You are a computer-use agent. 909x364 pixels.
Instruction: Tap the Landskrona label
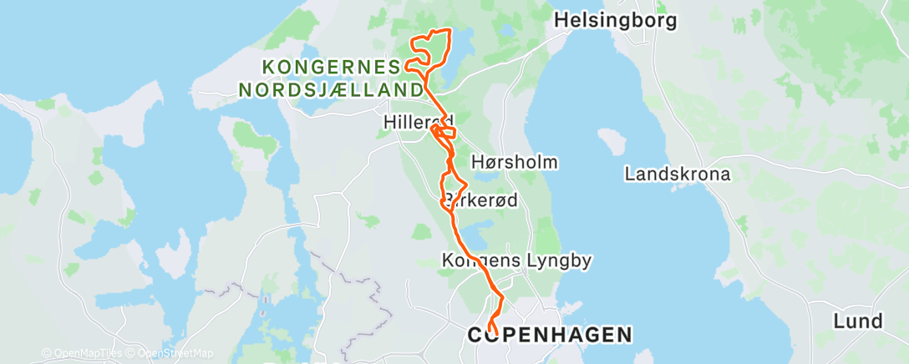678,174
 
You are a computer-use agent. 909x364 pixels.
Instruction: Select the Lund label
857,321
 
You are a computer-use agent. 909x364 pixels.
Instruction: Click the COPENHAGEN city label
549,335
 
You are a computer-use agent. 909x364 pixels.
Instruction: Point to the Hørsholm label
515,161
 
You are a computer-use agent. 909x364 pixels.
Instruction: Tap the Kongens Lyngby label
516,260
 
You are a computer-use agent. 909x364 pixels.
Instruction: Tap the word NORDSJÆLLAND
330,88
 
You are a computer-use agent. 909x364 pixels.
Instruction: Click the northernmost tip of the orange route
449,30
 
